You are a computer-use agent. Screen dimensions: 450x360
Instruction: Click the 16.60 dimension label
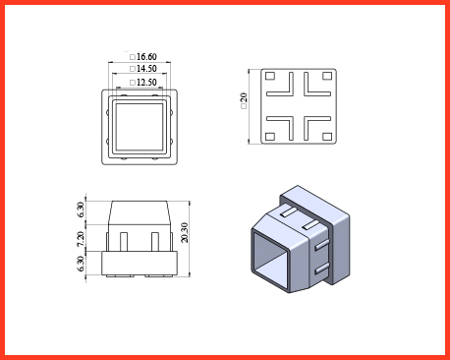[x=146, y=57]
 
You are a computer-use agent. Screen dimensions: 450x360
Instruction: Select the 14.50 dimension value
[x=146, y=69]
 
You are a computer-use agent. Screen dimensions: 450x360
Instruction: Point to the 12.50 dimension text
[x=146, y=82]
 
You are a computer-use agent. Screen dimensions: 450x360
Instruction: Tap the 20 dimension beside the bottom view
[x=244, y=98]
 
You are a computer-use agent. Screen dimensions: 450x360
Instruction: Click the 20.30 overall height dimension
[x=185, y=232]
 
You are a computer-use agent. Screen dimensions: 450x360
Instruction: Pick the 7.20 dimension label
[x=81, y=239]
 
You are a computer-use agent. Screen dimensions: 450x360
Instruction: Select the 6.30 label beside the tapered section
[x=81, y=210]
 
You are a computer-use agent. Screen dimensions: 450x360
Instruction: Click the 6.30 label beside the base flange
[x=81, y=264]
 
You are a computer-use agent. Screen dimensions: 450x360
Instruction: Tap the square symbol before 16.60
[x=133, y=57]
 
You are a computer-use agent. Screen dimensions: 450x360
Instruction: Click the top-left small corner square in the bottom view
[x=270, y=76]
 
